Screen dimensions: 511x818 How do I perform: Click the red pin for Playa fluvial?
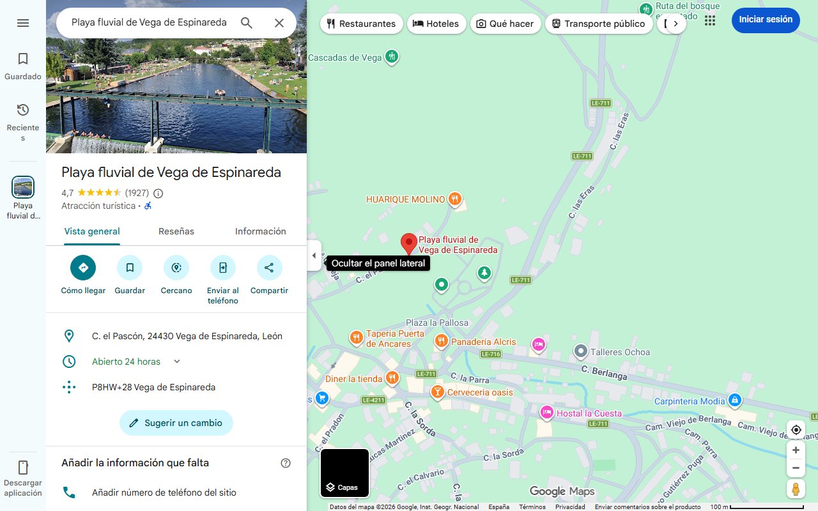409,243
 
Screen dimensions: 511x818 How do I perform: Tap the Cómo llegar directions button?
83,268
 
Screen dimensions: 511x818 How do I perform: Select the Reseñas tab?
176,231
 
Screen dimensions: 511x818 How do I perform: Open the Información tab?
260,231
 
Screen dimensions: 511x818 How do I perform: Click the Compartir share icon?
269,268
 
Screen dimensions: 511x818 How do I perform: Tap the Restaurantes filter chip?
361,24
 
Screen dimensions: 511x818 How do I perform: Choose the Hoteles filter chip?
436,24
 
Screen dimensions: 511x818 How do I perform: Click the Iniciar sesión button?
765,20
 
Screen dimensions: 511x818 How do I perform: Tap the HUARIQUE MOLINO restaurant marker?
454,199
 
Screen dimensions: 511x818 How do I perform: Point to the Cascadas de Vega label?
345,57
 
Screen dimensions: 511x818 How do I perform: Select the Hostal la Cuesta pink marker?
546,412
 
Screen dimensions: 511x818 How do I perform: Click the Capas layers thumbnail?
344,473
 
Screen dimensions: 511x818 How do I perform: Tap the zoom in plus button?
796,450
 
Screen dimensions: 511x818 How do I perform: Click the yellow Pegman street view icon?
796,489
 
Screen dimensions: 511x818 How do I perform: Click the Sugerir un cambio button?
176,423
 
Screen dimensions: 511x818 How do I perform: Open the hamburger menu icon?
23,23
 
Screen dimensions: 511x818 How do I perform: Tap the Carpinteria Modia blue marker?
735,400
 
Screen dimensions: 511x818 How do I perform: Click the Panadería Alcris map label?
483,342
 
